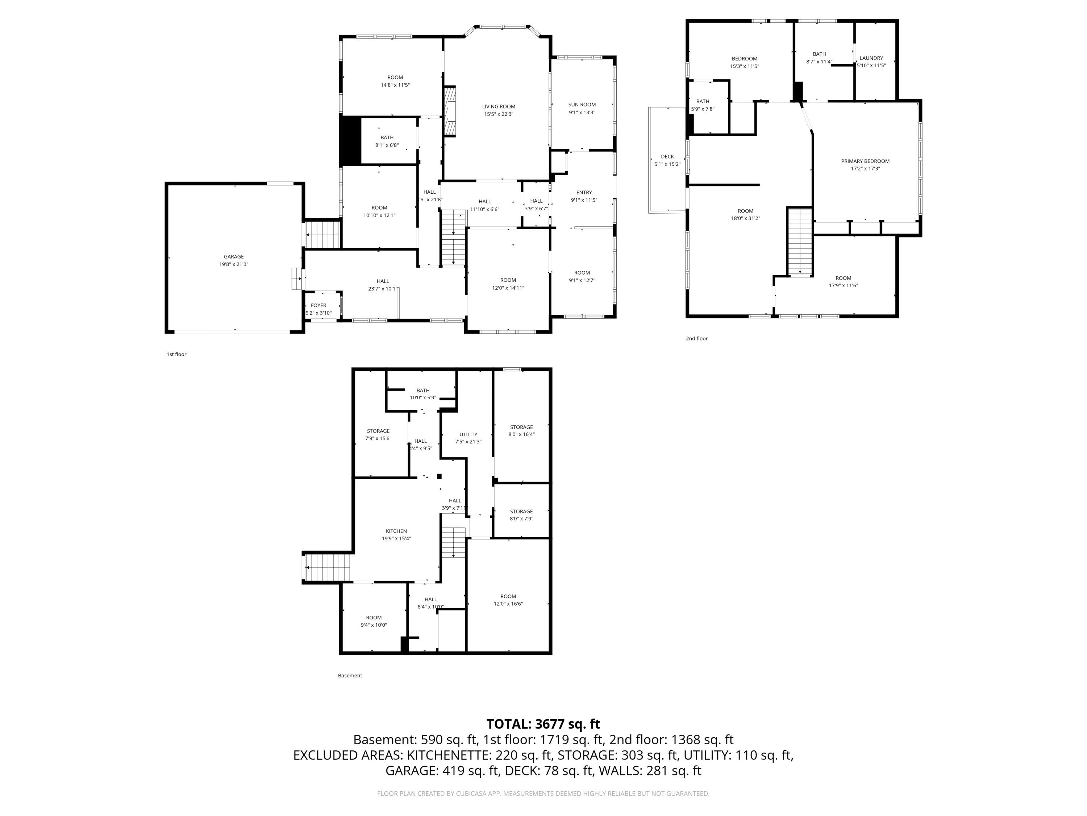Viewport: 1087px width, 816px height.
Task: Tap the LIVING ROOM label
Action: [x=498, y=107]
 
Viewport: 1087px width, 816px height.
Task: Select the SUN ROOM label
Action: [x=582, y=105]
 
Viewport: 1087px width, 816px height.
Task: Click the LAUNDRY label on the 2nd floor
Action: [x=871, y=58]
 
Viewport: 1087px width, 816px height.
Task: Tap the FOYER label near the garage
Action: [x=318, y=305]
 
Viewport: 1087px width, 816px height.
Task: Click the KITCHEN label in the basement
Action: [x=396, y=531]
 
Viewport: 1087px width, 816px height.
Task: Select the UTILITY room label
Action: [x=468, y=435]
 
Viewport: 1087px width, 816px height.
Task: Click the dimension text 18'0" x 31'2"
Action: [x=745, y=218]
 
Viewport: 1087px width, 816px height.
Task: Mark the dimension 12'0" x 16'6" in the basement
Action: [x=508, y=604]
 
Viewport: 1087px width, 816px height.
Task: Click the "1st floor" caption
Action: [x=176, y=354]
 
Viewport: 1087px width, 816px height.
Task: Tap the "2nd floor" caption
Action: [x=697, y=338]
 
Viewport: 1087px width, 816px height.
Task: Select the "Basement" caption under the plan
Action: [x=350, y=675]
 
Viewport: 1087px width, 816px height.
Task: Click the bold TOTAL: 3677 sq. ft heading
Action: [x=543, y=724]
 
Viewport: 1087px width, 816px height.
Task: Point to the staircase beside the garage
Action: [x=323, y=235]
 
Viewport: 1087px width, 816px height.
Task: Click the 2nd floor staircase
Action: [x=800, y=242]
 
